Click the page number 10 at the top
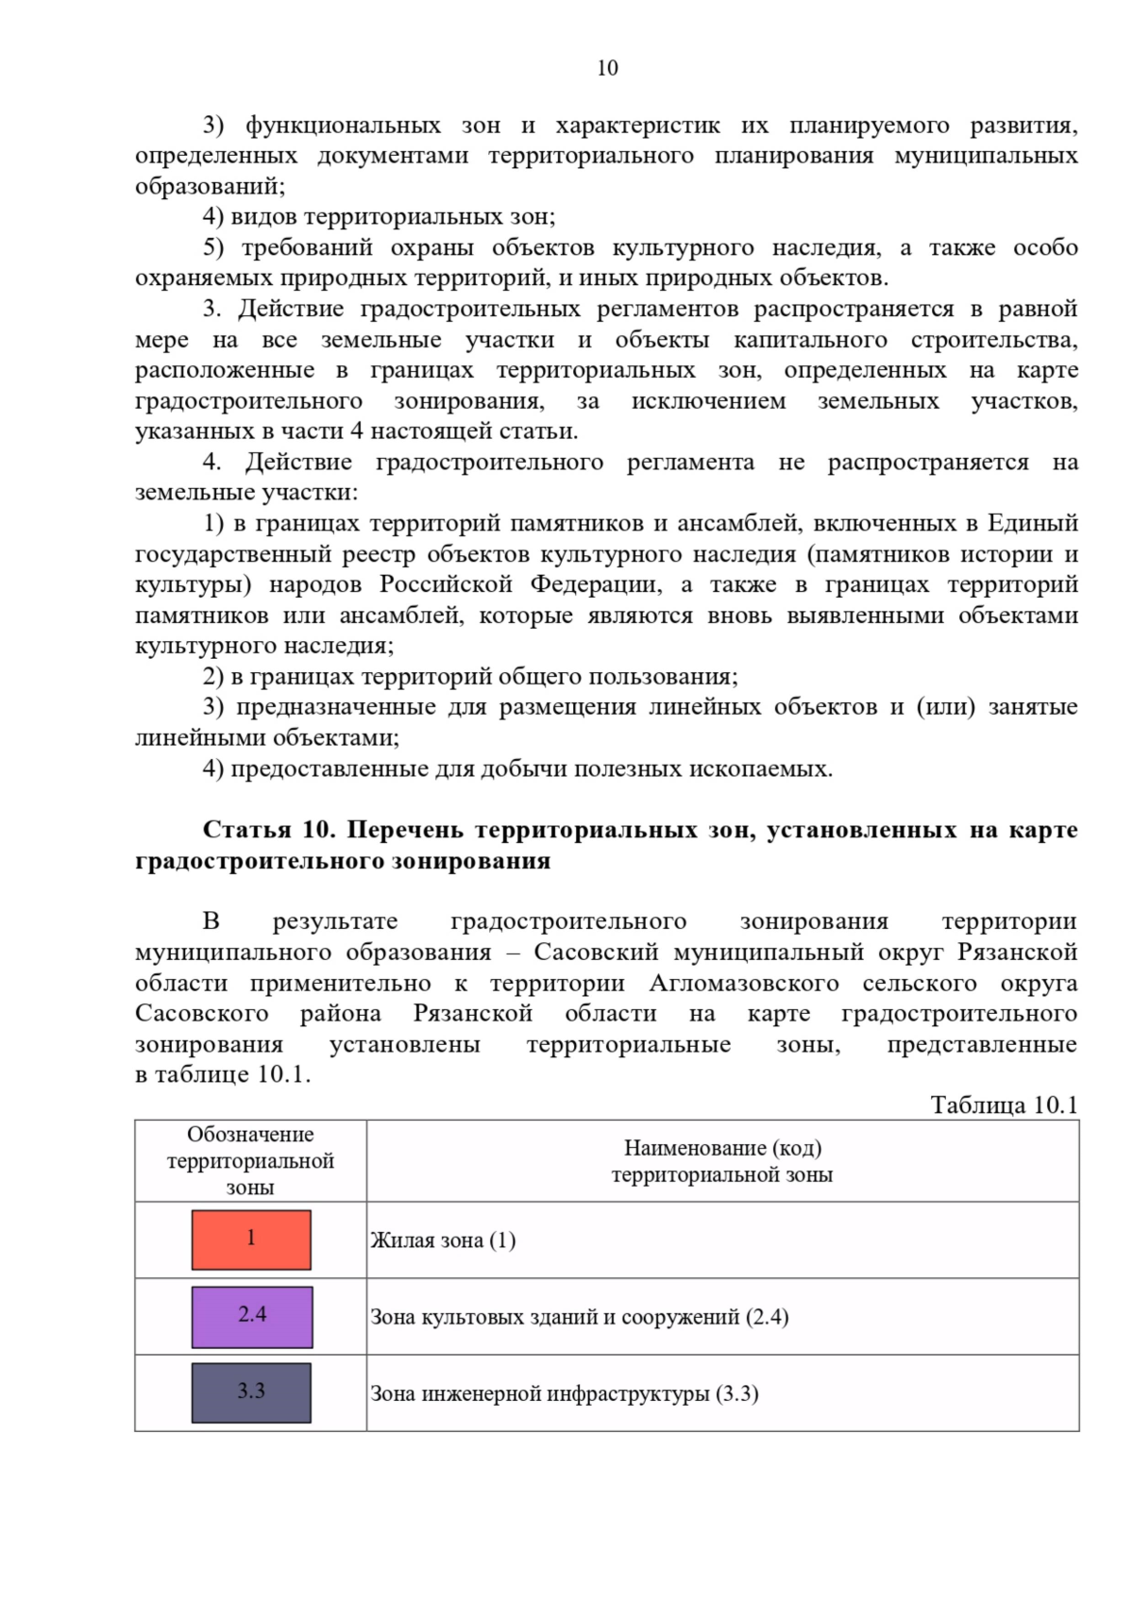click(x=607, y=68)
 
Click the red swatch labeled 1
click(x=251, y=1240)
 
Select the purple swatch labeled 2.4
click(x=251, y=1316)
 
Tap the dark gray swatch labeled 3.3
click(x=251, y=1392)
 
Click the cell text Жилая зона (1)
click(x=443, y=1240)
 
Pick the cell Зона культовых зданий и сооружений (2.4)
click(x=579, y=1317)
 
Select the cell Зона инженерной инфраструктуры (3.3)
click(x=564, y=1393)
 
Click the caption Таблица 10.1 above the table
click(x=1004, y=1105)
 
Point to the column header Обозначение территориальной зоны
click(x=250, y=1161)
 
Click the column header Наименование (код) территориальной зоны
click(x=722, y=1161)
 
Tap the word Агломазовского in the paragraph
click(x=744, y=983)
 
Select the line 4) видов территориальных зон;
click(x=379, y=217)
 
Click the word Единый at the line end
click(x=1032, y=523)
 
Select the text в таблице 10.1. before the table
click(x=223, y=1074)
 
